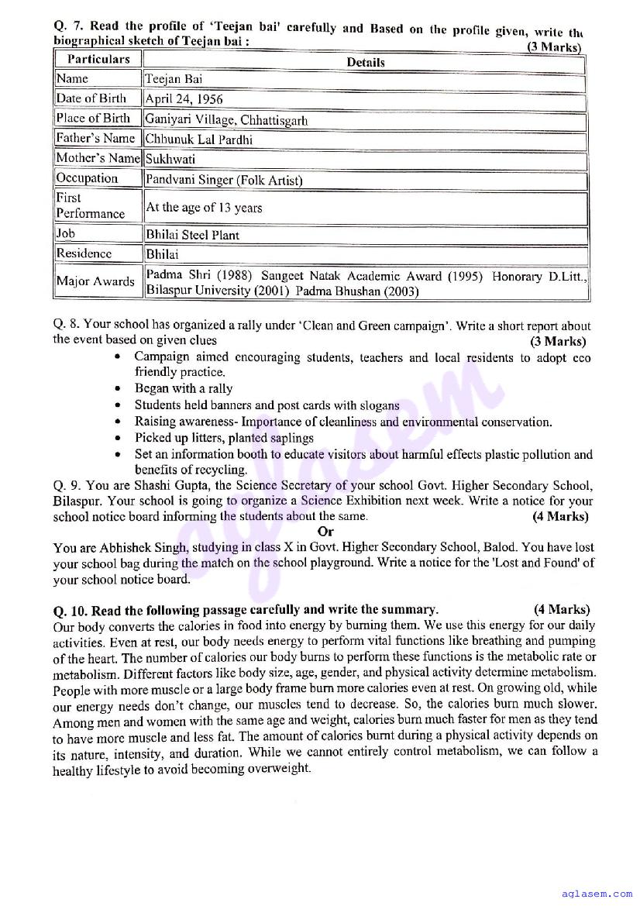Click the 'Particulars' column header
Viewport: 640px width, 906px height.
[x=98, y=59]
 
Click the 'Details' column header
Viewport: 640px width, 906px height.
[x=365, y=62]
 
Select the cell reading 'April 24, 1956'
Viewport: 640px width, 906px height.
[x=184, y=99]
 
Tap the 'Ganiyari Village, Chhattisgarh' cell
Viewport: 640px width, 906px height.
[x=226, y=119]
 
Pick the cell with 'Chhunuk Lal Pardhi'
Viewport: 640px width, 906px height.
[x=199, y=140]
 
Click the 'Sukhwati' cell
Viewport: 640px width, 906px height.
[x=170, y=159]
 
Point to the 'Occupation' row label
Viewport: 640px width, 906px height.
[x=87, y=178]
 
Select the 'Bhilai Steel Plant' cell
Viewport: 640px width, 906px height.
[x=192, y=235]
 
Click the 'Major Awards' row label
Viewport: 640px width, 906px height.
[x=95, y=281]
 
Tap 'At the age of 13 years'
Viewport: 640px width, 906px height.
[x=204, y=208]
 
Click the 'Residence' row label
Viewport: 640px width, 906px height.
[x=84, y=253]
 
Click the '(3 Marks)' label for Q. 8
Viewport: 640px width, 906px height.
[x=557, y=341]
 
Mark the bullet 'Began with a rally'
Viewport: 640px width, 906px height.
[x=184, y=388]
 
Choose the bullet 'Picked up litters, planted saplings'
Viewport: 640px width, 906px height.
[x=224, y=438]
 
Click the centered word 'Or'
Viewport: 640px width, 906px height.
[x=325, y=532]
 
